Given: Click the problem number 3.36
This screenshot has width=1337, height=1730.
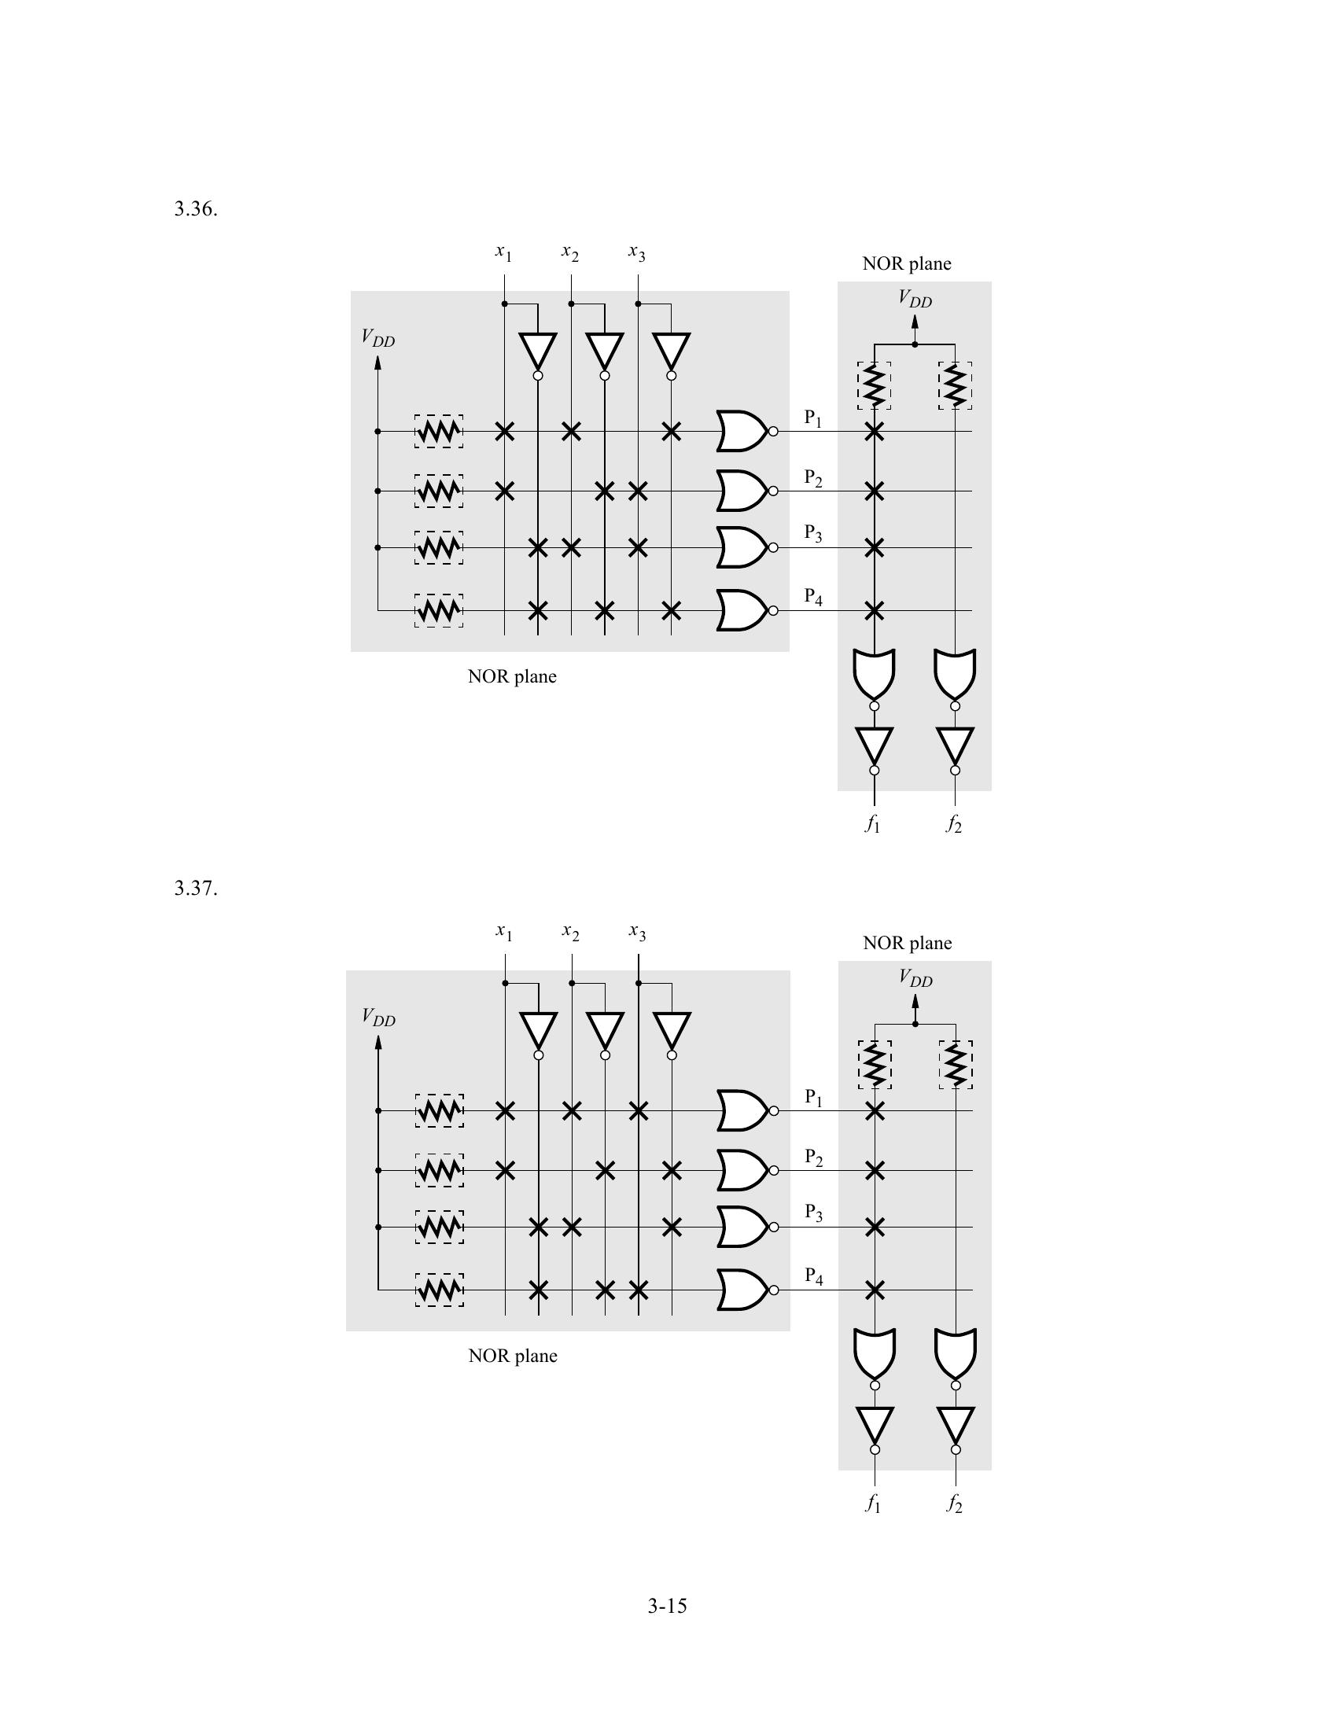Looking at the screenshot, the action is click(196, 209).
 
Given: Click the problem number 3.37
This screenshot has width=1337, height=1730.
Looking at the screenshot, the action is click(196, 888).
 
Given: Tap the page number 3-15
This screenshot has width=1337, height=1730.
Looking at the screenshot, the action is click(667, 1606).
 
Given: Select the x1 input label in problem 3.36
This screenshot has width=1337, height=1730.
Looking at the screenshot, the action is click(504, 252).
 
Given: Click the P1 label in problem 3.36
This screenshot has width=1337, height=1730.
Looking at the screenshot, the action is click(813, 418).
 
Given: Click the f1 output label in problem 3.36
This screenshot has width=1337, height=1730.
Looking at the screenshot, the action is click(873, 825).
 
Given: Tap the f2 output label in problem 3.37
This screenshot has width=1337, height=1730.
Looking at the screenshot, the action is click(955, 1504).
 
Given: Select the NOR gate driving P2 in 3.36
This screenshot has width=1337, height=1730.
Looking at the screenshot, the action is click(742, 491).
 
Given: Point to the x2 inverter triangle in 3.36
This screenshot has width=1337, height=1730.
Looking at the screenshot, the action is click(604, 352).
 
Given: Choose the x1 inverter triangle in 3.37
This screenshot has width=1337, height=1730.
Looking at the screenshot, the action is click(539, 1031).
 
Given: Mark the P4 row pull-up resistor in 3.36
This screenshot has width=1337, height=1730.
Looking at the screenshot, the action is click(439, 611).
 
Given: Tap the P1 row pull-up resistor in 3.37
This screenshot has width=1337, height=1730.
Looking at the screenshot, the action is click(440, 1110).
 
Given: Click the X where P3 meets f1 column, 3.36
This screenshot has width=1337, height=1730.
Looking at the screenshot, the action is click(874, 547).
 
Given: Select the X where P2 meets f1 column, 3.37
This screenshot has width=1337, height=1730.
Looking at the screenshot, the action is click(875, 1170).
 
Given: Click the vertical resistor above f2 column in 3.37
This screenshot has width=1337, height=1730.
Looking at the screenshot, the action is click(956, 1065).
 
